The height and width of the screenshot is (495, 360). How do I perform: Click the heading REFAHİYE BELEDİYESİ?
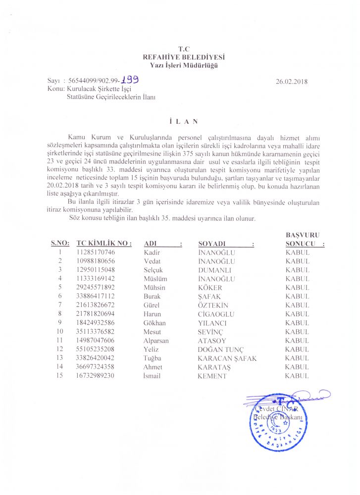[x=180, y=57]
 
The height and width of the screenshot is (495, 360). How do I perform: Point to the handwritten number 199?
[x=130, y=79]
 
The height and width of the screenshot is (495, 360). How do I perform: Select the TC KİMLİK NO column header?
[x=104, y=244]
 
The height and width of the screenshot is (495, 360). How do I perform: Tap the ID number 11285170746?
[x=96, y=252]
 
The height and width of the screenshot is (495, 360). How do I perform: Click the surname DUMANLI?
[x=214, y=270]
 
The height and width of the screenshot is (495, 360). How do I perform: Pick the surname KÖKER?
[x=210, y=288]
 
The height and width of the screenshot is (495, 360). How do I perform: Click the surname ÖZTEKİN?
[x=213, y=305]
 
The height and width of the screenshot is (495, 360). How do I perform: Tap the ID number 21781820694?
[x=96, y=314]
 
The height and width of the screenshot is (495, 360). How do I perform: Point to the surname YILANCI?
[x=213, y=323]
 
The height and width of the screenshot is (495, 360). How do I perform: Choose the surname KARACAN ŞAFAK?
[x=227, y=358]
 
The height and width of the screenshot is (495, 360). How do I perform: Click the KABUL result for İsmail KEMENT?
[x=297, y=376]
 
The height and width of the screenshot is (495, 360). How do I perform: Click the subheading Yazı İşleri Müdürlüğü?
[x=180, y=65]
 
